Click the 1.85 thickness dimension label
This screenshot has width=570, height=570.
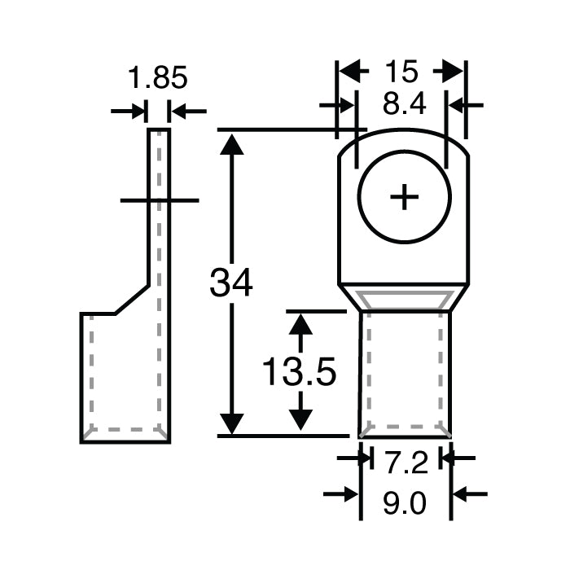click(x=158, y=79)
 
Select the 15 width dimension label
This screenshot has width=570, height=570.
click(x=401, y=72)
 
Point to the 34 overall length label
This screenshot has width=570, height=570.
click(x=231, y=283)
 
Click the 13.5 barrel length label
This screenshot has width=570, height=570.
click(x=300, y=373)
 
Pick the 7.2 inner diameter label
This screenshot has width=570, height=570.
click(x=405, y=463)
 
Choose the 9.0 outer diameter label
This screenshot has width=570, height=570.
click(x=405, y=505)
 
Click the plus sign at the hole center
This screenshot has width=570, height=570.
click(x=404, y=198)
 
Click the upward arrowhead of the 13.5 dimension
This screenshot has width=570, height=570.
click(x=302, y=324)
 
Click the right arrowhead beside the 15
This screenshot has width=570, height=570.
click(x=453, y=72)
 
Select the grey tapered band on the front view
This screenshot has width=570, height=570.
click(x=405, y=299)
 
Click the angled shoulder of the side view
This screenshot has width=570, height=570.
click(x=130, y=299)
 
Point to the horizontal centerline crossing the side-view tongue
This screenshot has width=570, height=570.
click(x=159, y=199)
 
